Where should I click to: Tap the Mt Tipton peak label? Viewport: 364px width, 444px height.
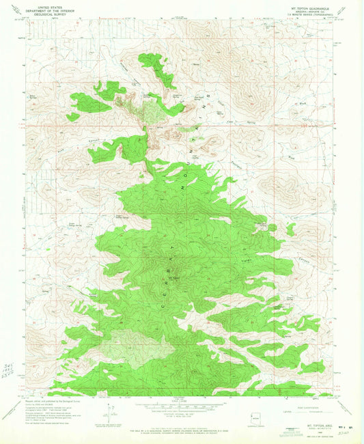176,277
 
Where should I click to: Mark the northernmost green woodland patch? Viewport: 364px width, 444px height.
158,68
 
